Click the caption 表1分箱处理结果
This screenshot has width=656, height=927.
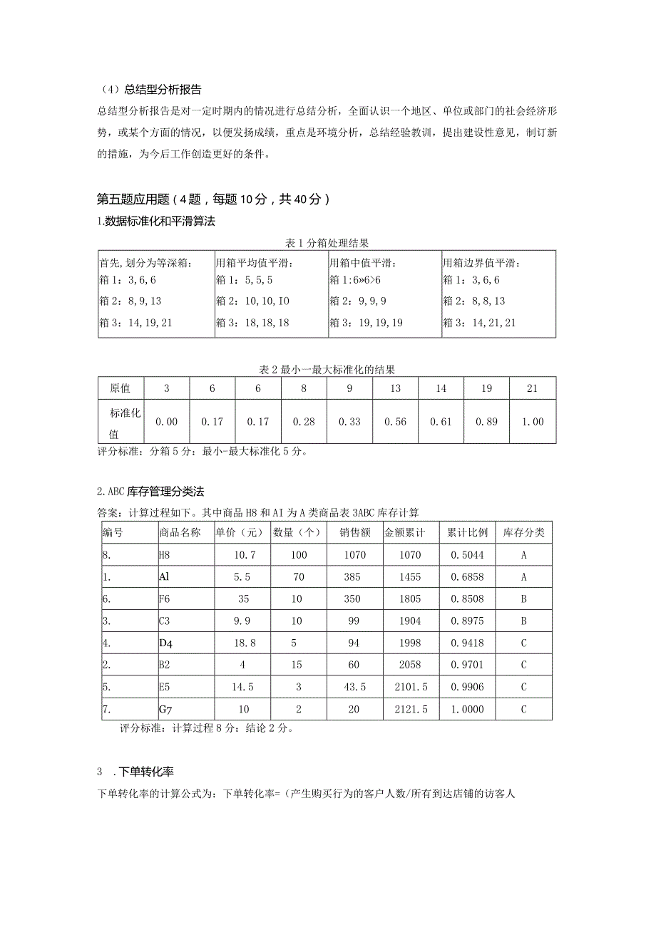tap(327, 244)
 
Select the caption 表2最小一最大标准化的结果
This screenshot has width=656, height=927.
tap(327, 370)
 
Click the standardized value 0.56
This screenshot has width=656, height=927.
tap(395, 422)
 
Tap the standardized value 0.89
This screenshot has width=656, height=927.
tap(486, 422)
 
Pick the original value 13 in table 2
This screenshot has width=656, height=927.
tap(395, 388)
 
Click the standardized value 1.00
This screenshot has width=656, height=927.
tap(532, 422)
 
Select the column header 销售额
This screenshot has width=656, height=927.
tap(354, 533)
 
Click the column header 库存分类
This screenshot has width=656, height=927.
tap(523, 533)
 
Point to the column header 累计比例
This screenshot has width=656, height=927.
tap(467, 533)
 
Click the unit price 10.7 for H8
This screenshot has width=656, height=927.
tap(242, 555)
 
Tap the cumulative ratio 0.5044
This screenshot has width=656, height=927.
tap(467, 555)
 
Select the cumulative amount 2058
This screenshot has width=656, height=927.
tap(411, 665)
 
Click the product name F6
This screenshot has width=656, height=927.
tap(165, 599)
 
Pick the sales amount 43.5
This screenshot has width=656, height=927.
tap(354, 687)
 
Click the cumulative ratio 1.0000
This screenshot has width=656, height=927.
tap(467, 709)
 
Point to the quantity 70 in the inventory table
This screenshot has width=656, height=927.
tap(298, 577)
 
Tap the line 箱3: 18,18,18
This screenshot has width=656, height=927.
tap(252, 322)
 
